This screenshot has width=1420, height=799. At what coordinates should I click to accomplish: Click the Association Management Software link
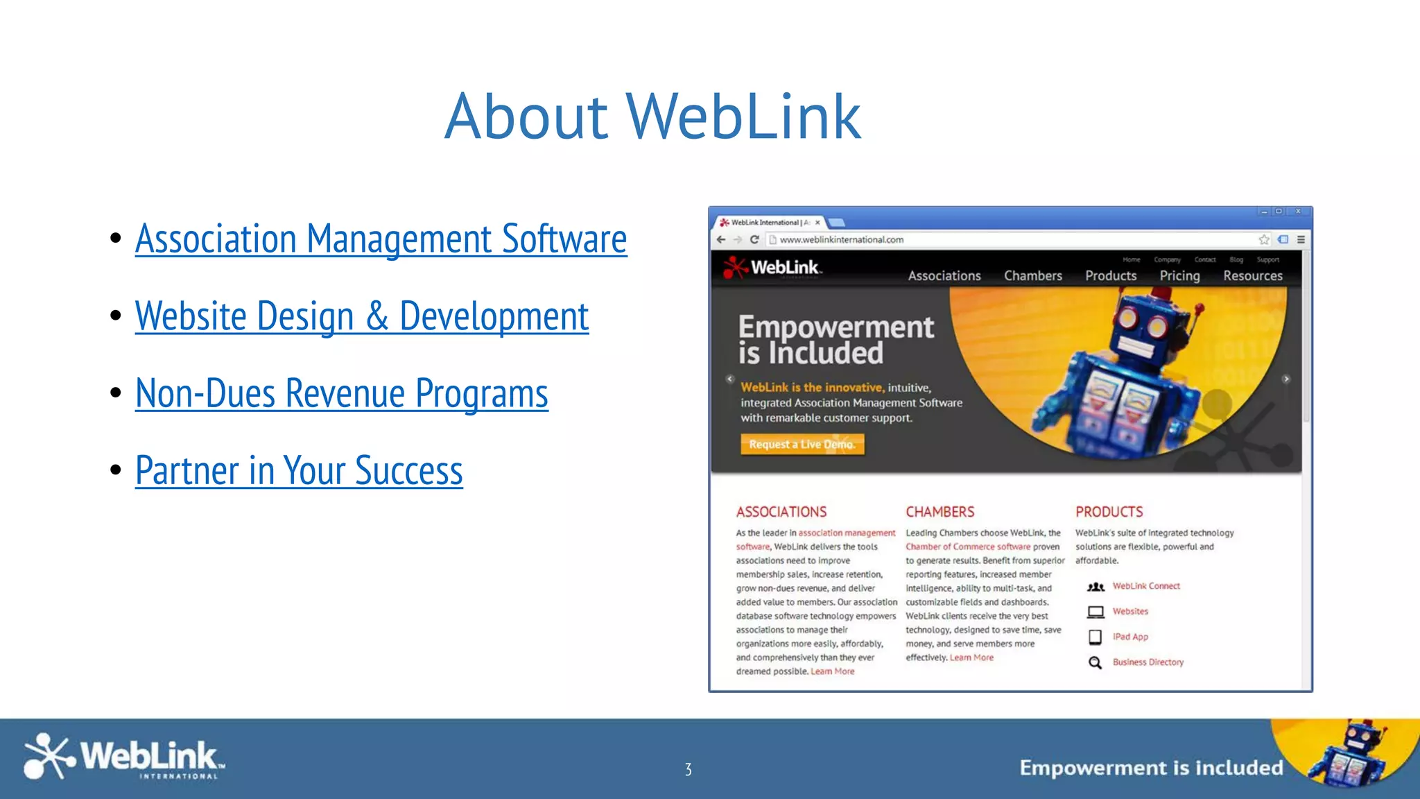coord(381,239)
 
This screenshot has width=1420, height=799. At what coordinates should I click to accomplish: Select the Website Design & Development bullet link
coord(361,316)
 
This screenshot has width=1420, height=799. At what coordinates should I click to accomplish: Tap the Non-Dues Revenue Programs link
coord(341,393)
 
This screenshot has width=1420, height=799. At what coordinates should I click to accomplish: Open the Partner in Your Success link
coord(299,470)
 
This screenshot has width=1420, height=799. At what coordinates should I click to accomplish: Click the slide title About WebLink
coord(652,117)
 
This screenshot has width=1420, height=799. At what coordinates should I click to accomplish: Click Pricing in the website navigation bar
coord(1179,275)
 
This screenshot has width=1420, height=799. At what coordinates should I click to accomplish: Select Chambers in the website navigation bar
coord(1032,275)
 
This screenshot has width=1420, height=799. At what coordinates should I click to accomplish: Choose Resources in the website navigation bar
coord(1252,275)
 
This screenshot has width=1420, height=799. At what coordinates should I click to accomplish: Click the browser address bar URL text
coord(841,239)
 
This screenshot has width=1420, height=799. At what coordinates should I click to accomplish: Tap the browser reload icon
coord(754,239)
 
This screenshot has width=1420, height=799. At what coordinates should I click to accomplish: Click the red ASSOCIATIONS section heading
coord(781,512)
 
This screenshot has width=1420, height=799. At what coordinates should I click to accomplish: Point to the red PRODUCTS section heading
coord(1109,512)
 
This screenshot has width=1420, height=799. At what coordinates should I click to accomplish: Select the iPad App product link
coord(1130,637)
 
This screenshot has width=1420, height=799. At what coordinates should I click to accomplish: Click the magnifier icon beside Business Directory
coord(1095,662)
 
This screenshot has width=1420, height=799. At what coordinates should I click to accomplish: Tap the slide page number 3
coord(688,769)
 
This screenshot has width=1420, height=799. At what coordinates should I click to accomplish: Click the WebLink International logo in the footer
coord(123,757)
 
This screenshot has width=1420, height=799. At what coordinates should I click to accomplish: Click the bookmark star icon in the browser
coord(1264,239)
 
